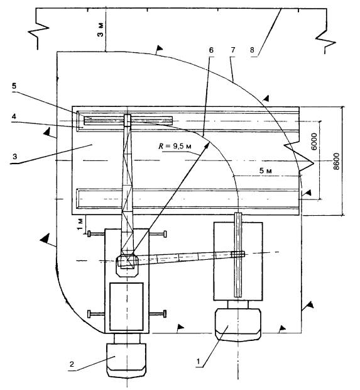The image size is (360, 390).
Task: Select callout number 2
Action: click(x=72, y=364)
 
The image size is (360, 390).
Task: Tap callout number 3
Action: click(x=14, y=157)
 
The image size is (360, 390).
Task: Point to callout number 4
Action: click(x=14, y=116)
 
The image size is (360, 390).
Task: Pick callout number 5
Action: click(x=14, y=86)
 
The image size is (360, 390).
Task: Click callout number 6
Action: click(x=211, y=50)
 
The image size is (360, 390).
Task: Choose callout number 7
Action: click(x=232, y=50)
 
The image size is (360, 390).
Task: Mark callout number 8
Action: click(x=252, y=50)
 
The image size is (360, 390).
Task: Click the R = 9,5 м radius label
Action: click(x=175, y=146)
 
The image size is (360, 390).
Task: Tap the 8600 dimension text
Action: click(x=336, y=162)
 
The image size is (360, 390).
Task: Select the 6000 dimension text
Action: click(x=314, y=142)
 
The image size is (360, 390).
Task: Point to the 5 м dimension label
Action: click(x=266, y=170)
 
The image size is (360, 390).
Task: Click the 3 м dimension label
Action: click(x=101, y=30)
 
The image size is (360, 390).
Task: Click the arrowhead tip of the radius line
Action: click(x=209, y=142)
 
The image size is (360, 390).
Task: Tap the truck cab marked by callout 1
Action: click(x=237, y=325)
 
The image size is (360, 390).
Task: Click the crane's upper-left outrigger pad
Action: click(x=89, y=234)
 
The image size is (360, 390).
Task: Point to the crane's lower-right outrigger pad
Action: click(x=165, y=314)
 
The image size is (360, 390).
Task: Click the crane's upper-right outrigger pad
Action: click(x=165, y=234)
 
